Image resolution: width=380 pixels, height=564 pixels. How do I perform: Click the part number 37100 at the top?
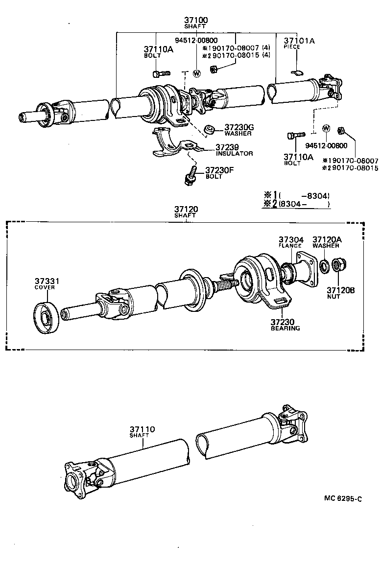coord(196,20)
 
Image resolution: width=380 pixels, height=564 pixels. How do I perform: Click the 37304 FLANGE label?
coord(291,242)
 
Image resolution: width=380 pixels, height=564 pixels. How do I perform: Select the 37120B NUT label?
coord(340,293)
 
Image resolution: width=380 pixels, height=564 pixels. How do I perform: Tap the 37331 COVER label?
coord(47,283)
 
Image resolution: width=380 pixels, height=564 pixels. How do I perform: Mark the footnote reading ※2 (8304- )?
coord(296,204)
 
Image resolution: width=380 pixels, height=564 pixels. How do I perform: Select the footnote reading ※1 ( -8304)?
coord(296,195)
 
